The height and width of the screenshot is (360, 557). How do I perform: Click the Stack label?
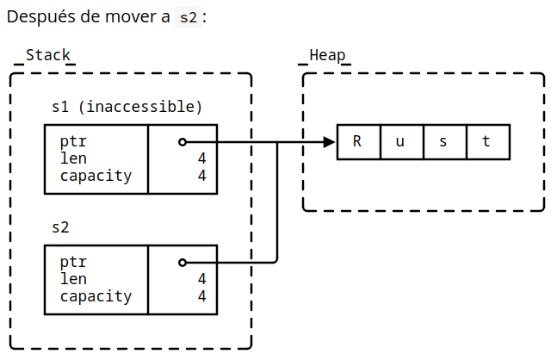coord(47,55)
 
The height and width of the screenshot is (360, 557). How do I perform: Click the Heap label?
coord(327,55)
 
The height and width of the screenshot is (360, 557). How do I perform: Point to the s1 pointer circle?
coord(182,142)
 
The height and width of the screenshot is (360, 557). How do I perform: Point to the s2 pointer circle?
coord(182,263)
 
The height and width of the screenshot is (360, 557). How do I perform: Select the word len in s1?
coord(73,159)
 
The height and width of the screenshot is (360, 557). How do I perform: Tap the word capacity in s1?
coord(96,177)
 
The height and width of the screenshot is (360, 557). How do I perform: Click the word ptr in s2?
coord(73,263)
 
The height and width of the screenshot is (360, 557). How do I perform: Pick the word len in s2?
coord(73,279)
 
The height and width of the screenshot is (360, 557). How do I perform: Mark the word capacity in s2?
coord(96,297)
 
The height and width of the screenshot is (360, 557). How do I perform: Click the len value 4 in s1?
coord(201,159)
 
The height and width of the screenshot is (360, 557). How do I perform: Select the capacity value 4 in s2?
coord(201,297)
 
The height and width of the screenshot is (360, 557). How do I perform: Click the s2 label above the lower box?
coord(60,228)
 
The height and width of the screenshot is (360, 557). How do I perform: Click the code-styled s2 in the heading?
coord(188,17)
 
